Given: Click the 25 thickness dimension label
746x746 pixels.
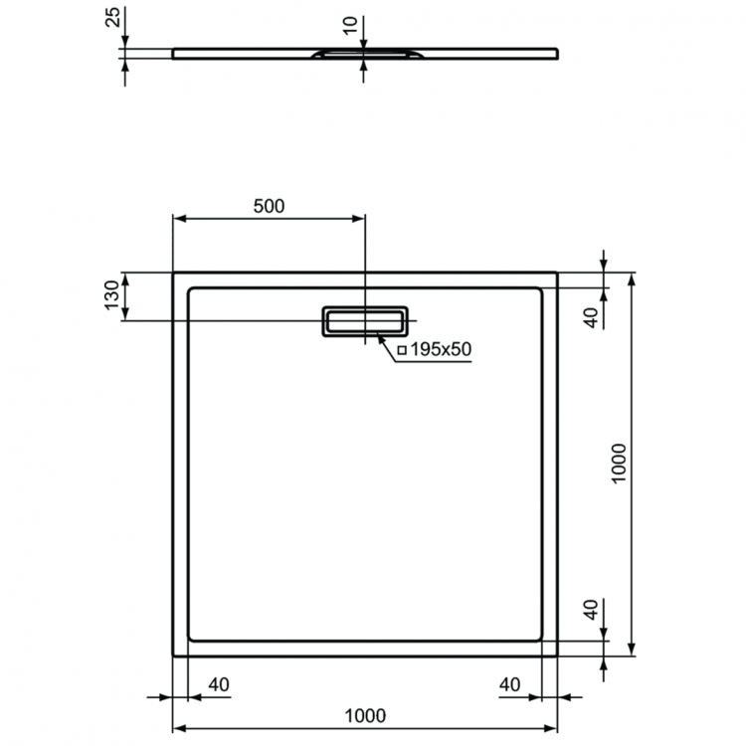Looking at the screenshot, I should [112, 16].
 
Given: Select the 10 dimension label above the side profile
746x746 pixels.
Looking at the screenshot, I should [349, 24].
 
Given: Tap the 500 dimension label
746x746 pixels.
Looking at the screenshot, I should [269, 207].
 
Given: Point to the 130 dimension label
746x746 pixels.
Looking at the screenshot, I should [112, 295].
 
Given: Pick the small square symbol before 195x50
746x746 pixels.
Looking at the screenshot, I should [403, 350].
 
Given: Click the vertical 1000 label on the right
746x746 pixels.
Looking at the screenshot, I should [619, 464].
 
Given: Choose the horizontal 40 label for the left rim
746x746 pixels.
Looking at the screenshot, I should [219, 684].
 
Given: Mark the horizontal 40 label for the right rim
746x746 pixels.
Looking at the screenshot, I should [509, 684].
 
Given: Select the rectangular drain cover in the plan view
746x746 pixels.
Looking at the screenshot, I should [364, 320].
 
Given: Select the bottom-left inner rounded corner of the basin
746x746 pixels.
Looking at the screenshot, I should [193, 636].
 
